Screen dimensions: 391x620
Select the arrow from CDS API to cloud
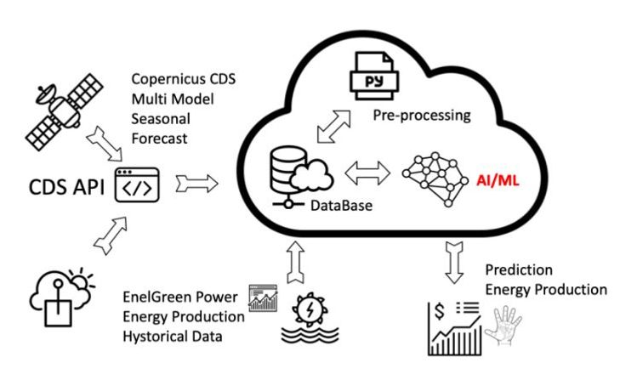[195, 181]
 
